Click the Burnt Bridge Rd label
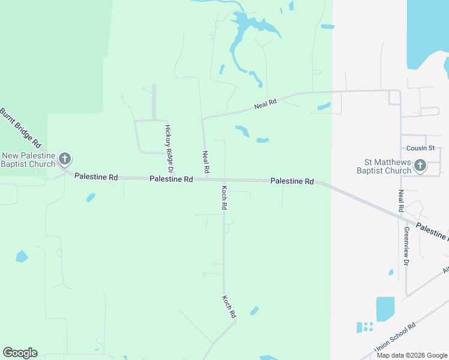(x=20, y=128)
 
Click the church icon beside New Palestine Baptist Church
(x=65, y=160)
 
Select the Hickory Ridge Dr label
(x=168, y=145)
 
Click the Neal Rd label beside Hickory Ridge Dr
(x=206, y=162)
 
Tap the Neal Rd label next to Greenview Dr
(x=400, y=201)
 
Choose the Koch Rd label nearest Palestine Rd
(x=224, y=197)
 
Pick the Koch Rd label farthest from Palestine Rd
(x=229, y=306)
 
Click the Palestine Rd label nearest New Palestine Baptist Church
(x=96, y=177)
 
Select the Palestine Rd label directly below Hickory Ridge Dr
(x=171, y=179)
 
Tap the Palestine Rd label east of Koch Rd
(x=292, y=181)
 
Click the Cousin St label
(x=420, y=148)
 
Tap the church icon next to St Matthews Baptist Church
(x=420, y=165)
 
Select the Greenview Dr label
(x=406, y=246)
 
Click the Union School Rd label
(x=395, y=338)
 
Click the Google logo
(x=20, y=353)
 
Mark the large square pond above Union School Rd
(x=385, y=308)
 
